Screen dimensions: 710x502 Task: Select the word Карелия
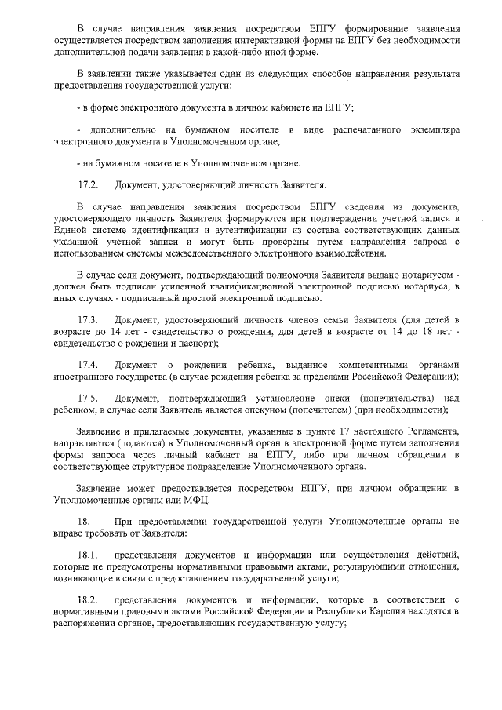click(x=393, y=612)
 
